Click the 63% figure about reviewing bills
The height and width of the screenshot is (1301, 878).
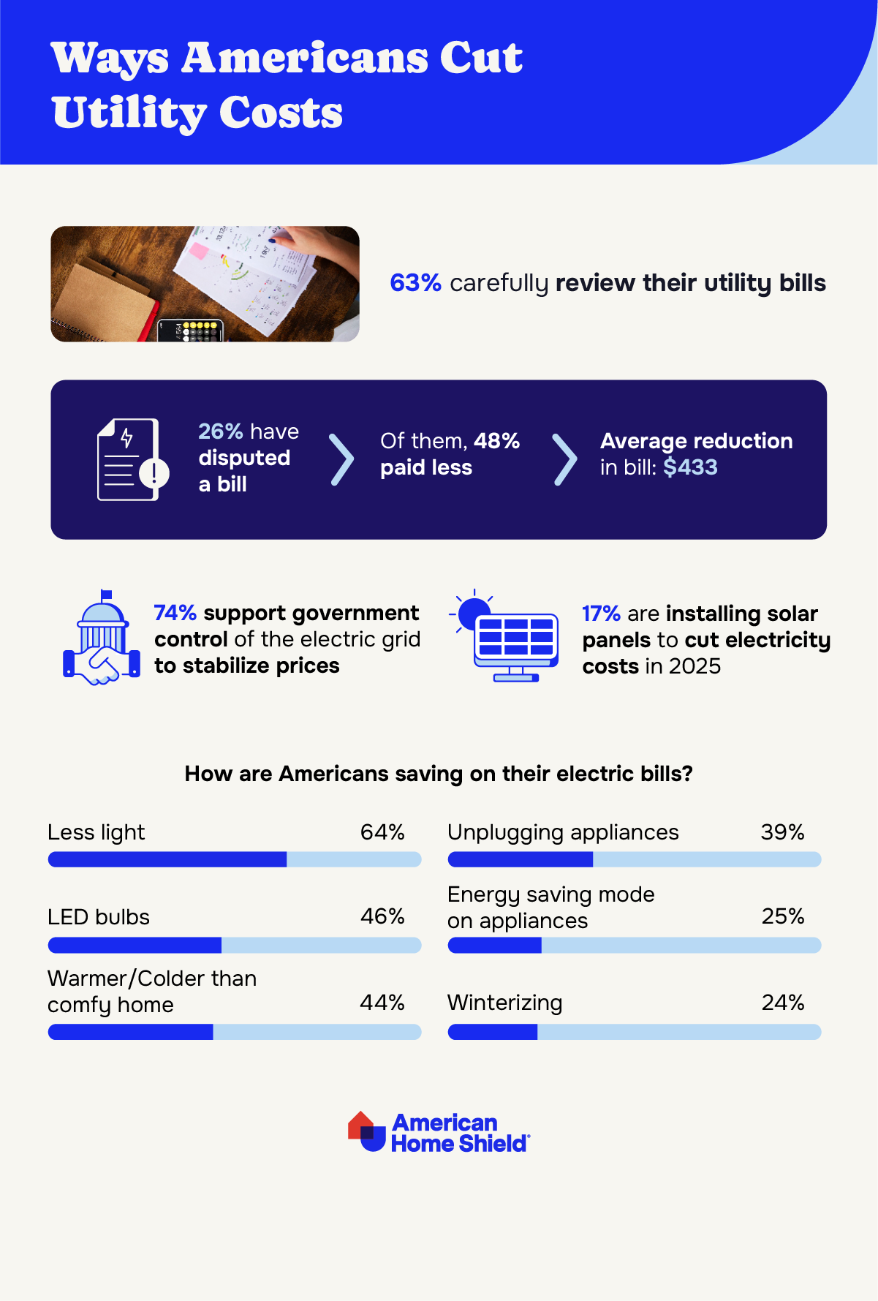(x=415, y=283)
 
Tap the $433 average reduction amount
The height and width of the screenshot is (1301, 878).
(x=690, y=467)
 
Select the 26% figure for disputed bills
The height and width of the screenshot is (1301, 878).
(x=220, y=431)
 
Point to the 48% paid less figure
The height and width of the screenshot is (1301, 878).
(x=496, y=441)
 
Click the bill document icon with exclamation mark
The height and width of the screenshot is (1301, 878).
(x=132, y=460)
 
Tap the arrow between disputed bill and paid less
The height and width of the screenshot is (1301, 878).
(x=341, y=460)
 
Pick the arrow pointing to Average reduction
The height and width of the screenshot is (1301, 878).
(x=564, y=460)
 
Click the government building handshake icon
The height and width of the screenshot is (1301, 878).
(x=102, y=638)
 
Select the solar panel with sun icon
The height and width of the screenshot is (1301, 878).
(x=507, y=636)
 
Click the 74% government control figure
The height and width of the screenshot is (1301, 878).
(x=175, y=613)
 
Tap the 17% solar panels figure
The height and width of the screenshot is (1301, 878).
(x=601, y=614)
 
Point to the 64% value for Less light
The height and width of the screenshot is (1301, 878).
(x=382, y=832)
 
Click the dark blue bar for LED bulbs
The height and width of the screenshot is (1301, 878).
(x=135, y=946)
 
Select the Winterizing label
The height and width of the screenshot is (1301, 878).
(x=505, y=1003)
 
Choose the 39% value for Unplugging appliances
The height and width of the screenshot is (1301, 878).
(x=782, y=832)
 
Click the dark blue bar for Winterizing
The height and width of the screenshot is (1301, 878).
(x=493, y=1032)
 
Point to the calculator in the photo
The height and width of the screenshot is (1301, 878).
(x=190, y=331)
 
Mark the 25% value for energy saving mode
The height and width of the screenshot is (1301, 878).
(x=783, y=916)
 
